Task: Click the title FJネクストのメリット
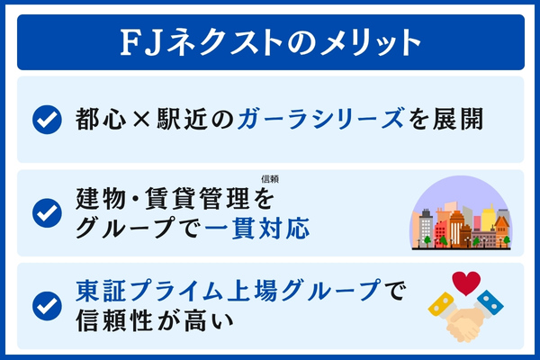tap(270, 41)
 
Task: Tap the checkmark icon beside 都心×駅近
tap(45, 119)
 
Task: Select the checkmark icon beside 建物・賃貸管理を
tap(45, 212)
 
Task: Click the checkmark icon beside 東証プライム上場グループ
tap(45, 305)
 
